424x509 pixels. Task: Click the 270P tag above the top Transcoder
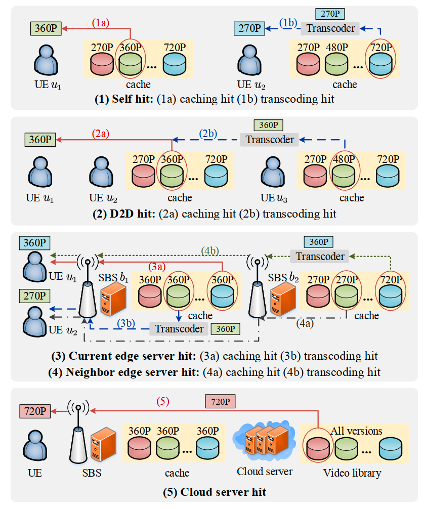(330, 14)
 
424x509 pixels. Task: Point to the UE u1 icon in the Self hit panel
(47, 59)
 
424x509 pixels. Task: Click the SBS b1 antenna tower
(88, 288)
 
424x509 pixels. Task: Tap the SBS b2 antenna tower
(258, 288)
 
